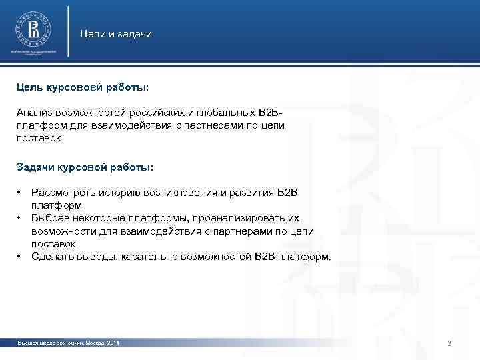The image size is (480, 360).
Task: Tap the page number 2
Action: [449, 343]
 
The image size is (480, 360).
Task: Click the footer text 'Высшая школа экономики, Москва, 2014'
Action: [69, 343]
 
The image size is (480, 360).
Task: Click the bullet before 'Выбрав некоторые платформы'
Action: [20, 218]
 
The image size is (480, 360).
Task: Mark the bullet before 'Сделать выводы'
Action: [20, 256]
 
